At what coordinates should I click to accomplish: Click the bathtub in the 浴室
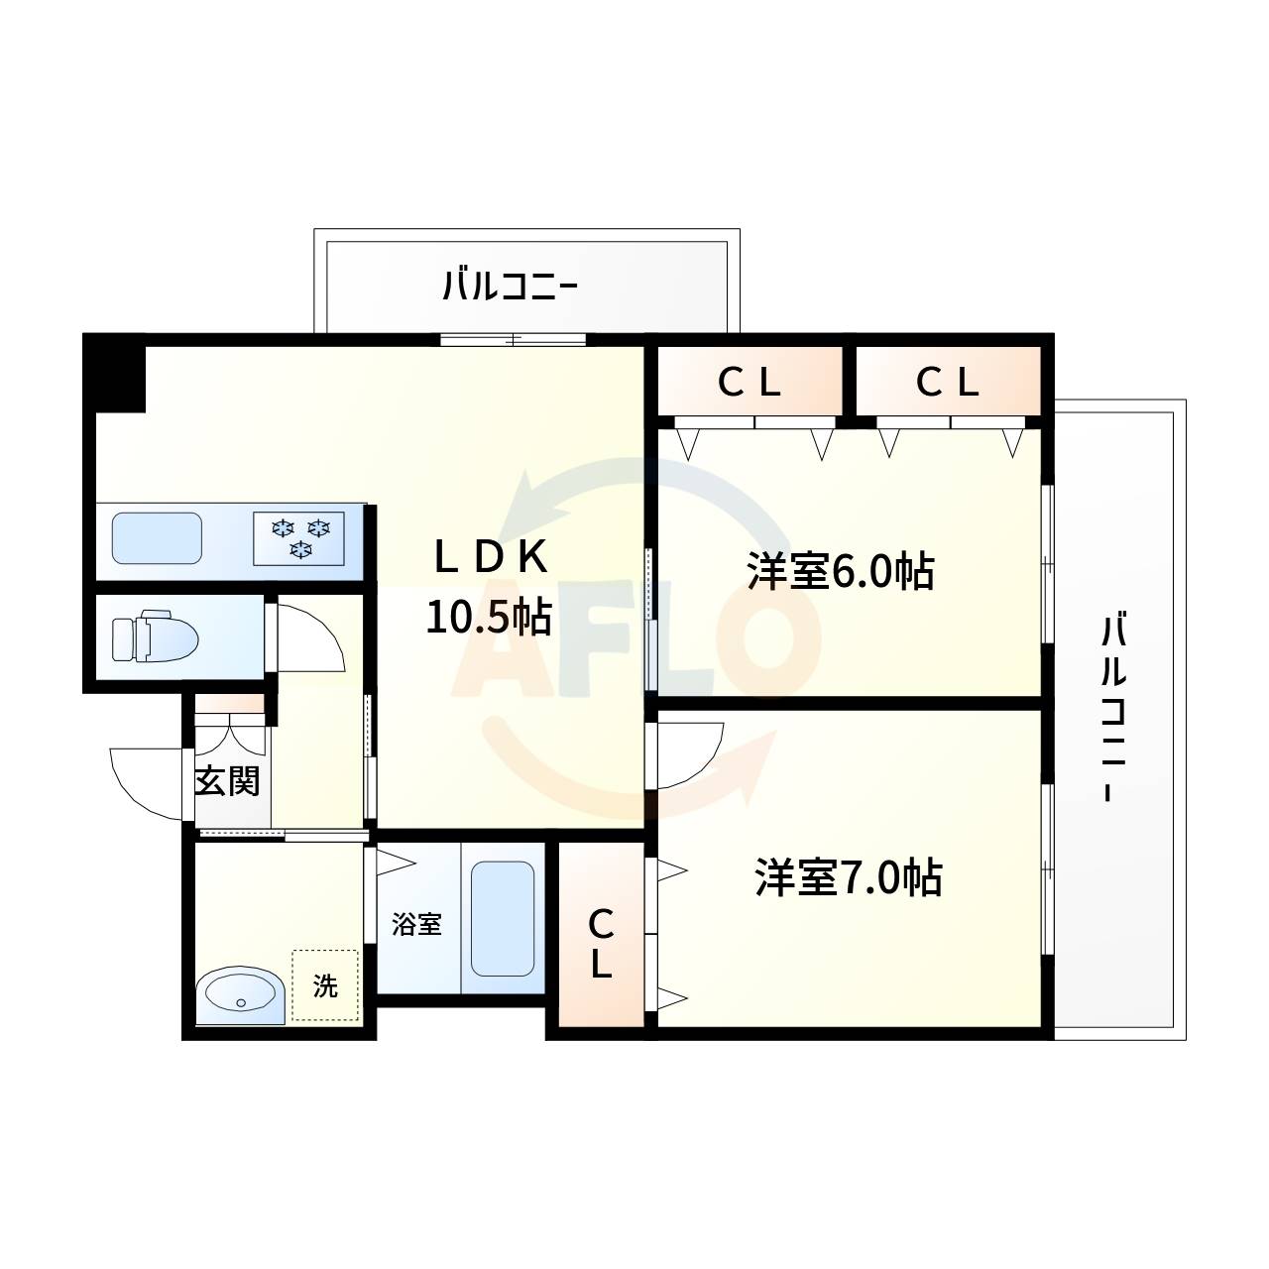point(503,918)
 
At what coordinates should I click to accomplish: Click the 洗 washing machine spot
point(325,985)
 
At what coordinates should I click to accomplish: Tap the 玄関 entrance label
point(227,780)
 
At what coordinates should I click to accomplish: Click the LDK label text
point(490,559)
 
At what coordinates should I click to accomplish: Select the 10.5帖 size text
point(489,617)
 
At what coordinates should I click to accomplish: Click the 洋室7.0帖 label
point(848,877)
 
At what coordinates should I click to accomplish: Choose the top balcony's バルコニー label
point(510,288)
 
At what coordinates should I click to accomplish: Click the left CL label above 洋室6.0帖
point(750,383)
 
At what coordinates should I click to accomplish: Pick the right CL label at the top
point(948,383)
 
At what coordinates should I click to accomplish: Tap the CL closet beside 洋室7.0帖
point(601,944)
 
